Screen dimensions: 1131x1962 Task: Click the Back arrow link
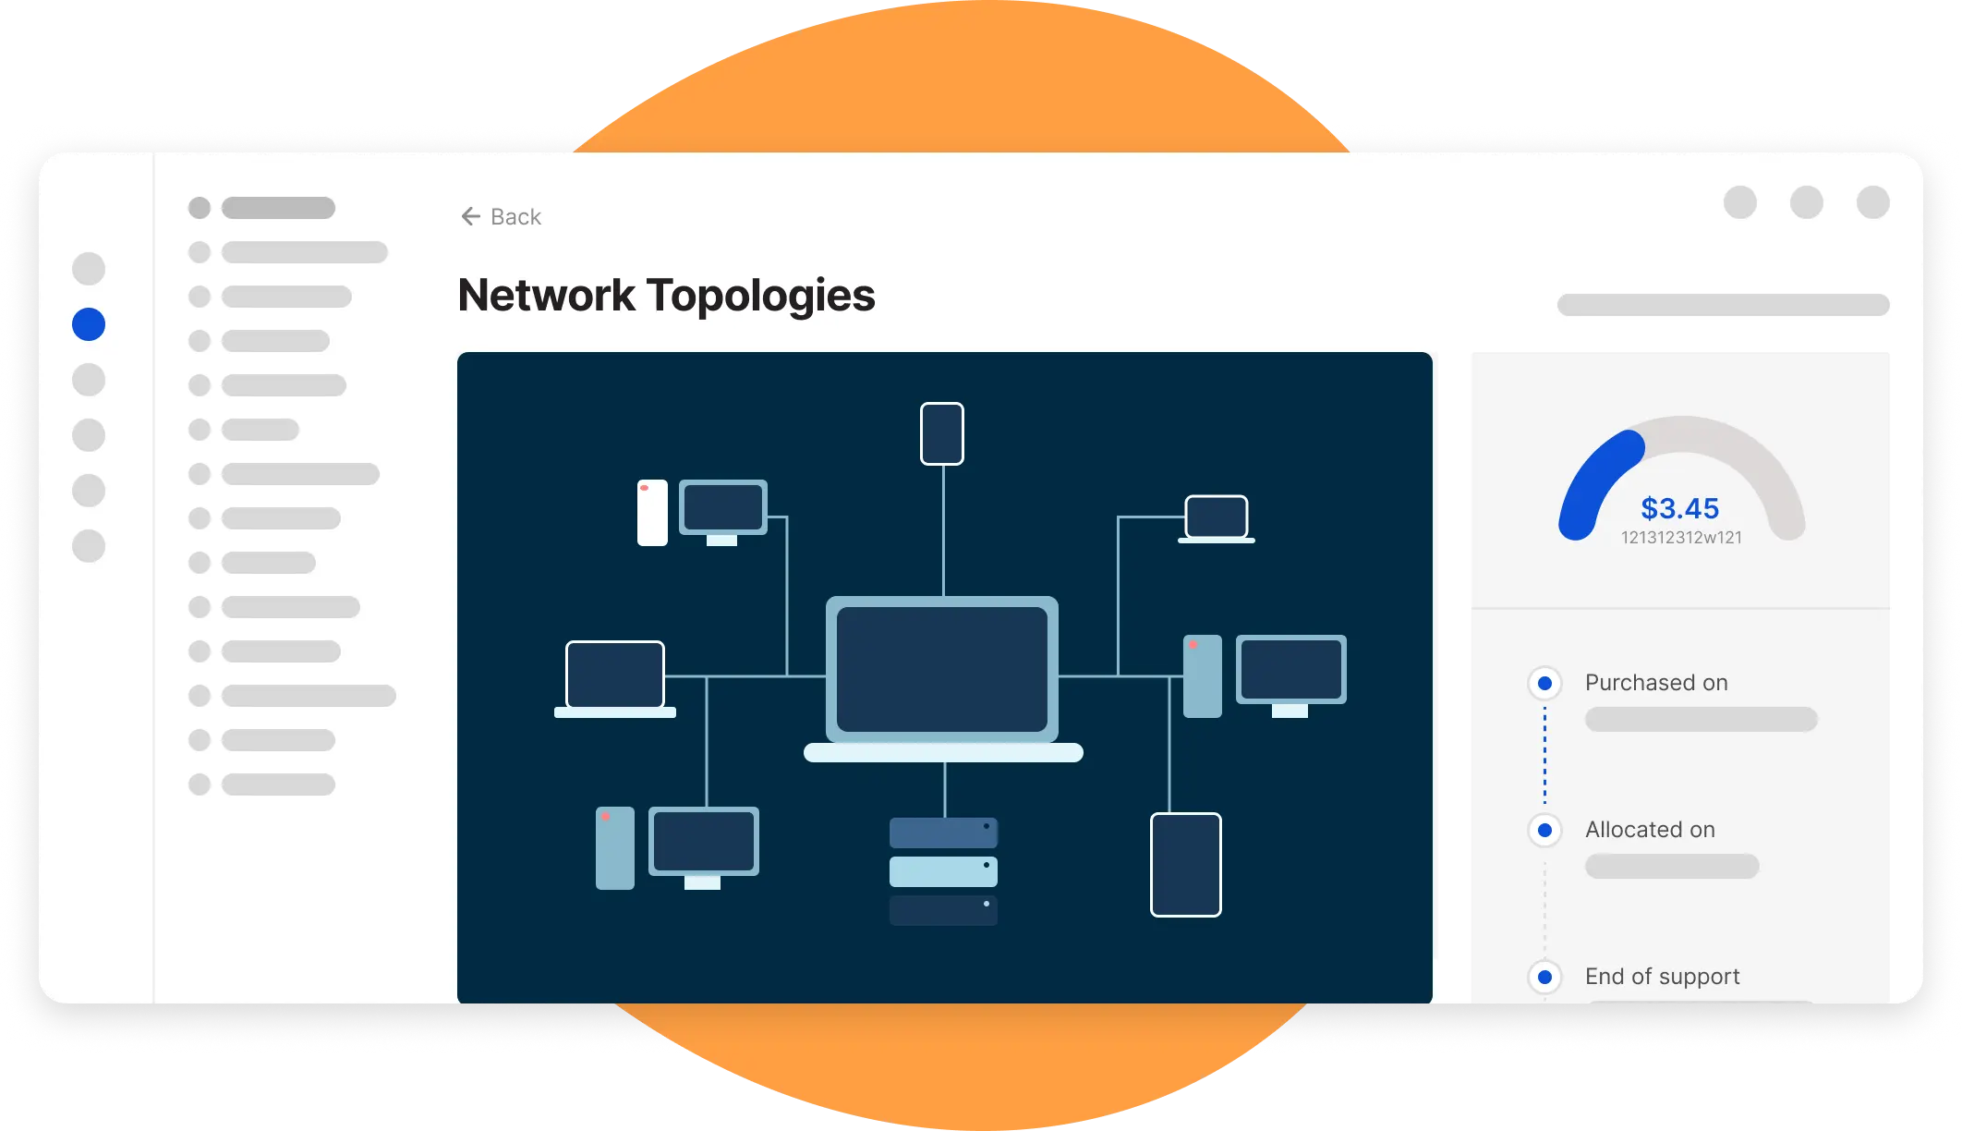click(x=501, y=216)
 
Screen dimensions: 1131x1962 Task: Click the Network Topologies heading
click(x=666, y=296)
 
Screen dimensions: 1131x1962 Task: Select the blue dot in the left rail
click(x=89, y=324)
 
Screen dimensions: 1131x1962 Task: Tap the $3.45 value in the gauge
click(x=1679, y=508)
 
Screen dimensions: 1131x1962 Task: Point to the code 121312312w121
click(x=1681, y=538)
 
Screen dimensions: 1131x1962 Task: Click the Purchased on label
click(x=1656, y=683)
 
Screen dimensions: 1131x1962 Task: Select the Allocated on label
click(x=1650, y=830)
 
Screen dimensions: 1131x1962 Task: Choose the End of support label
click(x=1662, y=977)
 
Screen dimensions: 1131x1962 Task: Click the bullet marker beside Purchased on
click(x=1544, y=684)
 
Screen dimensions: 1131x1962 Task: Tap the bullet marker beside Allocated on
click(x=1544, y=830)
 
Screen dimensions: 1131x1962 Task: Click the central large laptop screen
click(x=942, y=669)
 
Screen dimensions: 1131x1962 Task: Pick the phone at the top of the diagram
click(x=942, y=433)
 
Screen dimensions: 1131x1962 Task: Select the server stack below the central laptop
click(x=943, y=871)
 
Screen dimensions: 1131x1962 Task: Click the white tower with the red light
click(x=652, y=513)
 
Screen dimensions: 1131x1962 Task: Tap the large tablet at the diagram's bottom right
click(x=1186, y=865)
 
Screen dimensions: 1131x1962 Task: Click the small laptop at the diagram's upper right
click(x=1217, y=518)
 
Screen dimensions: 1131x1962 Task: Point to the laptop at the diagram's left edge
click(x=615, y=678)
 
